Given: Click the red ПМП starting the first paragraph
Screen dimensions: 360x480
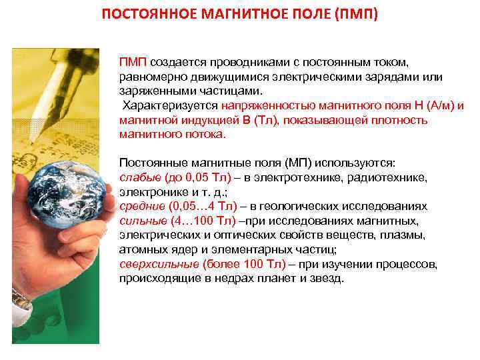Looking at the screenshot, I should pos(133,62).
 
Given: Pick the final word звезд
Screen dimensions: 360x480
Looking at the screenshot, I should pos(327,279).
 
